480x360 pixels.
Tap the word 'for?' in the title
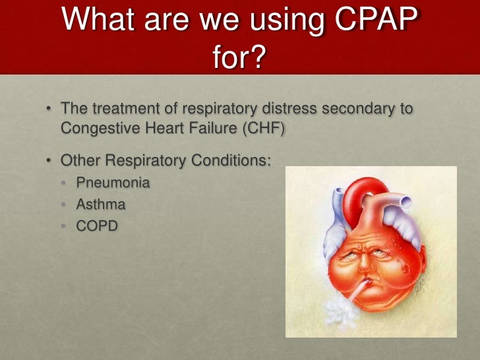point(239,60)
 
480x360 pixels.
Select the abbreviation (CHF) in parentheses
point(262,128)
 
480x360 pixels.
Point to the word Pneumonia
point(113,182)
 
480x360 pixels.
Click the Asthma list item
point(100,204)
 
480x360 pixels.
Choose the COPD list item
point(97,227)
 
